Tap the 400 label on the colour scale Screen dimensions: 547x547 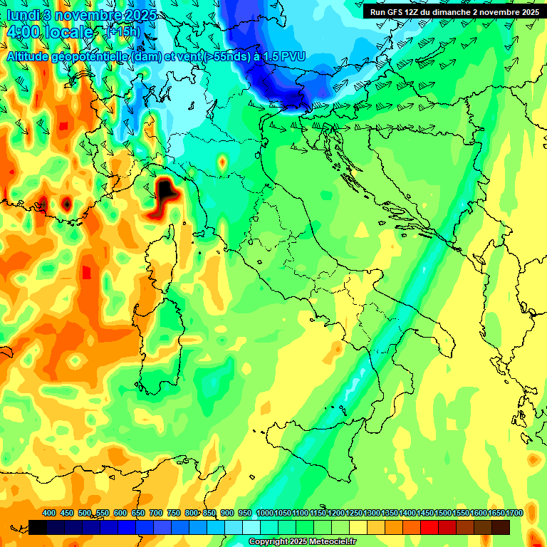coord(49,513)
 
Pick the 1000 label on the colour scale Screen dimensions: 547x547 coord(264,513)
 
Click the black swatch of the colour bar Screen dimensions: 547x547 coord(38,527)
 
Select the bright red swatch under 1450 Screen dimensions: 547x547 coord(429,527)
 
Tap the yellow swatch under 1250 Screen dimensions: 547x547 coord(358,527)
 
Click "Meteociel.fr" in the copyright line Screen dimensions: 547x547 coord(333,542)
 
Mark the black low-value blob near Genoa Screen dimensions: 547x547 coord(165,190)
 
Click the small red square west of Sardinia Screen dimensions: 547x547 coord(87,272)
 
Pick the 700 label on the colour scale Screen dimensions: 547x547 coord(157,513)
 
